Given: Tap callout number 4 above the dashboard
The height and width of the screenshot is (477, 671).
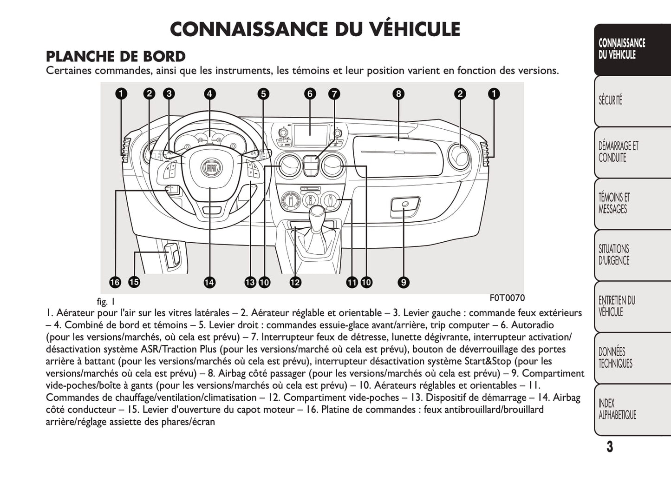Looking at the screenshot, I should [209, 94].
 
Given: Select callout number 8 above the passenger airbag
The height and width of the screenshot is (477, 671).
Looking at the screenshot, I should [398, 94].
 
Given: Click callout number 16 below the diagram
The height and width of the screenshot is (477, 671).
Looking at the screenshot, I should [115, 282].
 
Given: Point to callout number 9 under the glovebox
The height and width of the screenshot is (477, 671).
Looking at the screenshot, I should [403, 282].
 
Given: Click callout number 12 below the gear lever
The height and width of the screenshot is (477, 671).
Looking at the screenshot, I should [295, 282].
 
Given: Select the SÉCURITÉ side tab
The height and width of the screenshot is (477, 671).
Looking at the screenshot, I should [610, 100].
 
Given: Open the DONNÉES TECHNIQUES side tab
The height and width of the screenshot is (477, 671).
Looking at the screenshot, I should [615, 358].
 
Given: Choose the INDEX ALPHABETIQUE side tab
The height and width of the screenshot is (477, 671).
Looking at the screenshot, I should [617, 409].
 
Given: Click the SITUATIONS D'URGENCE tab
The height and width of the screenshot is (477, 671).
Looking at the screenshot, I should [614, 254].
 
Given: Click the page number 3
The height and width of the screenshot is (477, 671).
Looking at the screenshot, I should [609, 447].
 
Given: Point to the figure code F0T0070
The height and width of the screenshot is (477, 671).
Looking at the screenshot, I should [507, 298].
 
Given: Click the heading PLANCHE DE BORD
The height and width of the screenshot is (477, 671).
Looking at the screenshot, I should [116, 57].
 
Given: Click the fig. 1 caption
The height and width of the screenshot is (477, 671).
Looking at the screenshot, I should [106, 302].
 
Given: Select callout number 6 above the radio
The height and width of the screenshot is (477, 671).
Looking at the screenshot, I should [310, 94].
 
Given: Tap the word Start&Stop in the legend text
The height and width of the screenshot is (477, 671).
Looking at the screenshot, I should [488, 361].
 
